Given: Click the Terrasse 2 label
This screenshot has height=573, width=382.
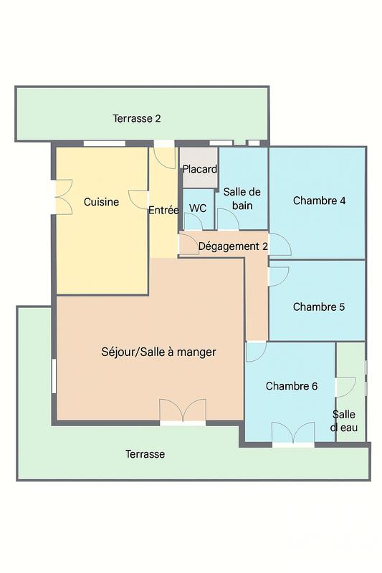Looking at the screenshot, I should point(136,118).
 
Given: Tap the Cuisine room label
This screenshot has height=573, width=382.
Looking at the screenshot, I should point(101,202).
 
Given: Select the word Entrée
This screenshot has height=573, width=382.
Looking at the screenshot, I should point(163,211).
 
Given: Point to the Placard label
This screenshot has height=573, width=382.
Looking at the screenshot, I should point(199,170).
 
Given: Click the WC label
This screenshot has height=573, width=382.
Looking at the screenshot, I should point(198,208).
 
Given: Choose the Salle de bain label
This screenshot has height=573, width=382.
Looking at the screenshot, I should point(242,198).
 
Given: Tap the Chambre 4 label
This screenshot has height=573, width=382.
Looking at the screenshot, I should point(319,201).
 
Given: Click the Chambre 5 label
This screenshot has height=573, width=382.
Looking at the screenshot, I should point(319,307).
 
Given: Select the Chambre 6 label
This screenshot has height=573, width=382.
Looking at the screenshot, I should point(292,386).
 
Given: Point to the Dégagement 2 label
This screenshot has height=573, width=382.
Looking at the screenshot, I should point(233,246).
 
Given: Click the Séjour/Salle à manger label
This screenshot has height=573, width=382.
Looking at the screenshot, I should point(158,352).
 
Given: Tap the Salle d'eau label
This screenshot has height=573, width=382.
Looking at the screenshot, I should point(344,421).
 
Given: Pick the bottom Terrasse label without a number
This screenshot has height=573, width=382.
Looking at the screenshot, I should point(145,454).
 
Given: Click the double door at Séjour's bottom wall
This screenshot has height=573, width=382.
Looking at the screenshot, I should point(183,412).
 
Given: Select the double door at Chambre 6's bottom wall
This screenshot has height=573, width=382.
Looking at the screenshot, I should point(293,434).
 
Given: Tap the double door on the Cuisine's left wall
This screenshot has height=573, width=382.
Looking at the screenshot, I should point(64,196).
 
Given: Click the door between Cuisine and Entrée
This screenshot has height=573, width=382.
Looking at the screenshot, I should point(139,200).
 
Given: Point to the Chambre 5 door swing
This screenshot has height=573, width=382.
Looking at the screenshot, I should point(279,276).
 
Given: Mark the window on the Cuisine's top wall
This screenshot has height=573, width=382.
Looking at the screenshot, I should point(105,144).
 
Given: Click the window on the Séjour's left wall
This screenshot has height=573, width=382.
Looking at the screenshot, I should point(54,375).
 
